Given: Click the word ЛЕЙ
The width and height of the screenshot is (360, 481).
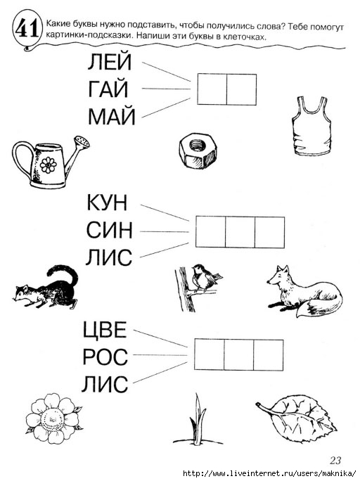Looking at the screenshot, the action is point(110,62).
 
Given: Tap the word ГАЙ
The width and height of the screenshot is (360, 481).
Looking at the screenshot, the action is point(108,89).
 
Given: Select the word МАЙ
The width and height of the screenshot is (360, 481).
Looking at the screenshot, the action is point(112,117).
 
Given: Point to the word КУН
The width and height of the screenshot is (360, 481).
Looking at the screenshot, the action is point(107,203).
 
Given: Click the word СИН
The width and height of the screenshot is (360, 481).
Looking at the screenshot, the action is point(109,230).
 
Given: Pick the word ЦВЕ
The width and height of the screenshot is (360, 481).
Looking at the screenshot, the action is point(105,331).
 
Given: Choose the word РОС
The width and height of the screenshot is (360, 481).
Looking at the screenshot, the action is point(105,357).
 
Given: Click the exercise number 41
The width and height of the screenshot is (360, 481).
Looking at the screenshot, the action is point(27,29).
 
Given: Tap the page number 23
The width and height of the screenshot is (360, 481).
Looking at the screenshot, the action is point(335,461).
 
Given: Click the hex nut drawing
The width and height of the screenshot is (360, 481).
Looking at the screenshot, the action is point(198,150).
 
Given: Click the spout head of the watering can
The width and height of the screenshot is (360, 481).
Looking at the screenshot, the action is point(83,143).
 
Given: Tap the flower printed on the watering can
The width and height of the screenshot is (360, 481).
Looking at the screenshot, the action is point(49,165).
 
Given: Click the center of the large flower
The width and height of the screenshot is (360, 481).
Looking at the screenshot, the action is point(53,419).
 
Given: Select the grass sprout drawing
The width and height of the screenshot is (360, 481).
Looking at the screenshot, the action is point(198,420).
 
